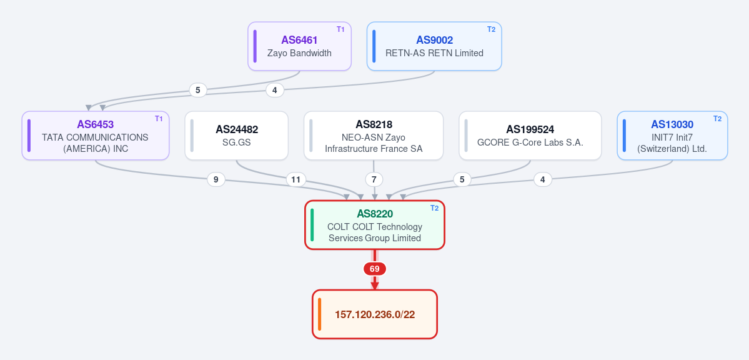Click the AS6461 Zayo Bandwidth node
pos(299,46)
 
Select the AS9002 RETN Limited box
pos(434,46)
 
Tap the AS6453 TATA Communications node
pos(96,136)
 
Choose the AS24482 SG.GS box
pos(237,136)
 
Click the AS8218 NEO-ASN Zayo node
pos(374,136)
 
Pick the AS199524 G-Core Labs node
pos(530,136)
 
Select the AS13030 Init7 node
pos(672,136)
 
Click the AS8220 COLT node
pos(375,225)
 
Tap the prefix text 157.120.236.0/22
pos(375,314)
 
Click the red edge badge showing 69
pos(375,269)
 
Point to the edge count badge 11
pos(295,180)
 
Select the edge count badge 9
pos(216,180)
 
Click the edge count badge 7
pos(374,180)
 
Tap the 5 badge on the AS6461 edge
pos(198,90)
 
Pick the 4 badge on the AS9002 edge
pos(275,90)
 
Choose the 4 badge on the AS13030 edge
pos(543,180)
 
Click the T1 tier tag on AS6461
pos(340,29)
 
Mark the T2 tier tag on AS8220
pos(434,208)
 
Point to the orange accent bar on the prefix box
pos(320,314)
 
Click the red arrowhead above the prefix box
pos(375,286)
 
